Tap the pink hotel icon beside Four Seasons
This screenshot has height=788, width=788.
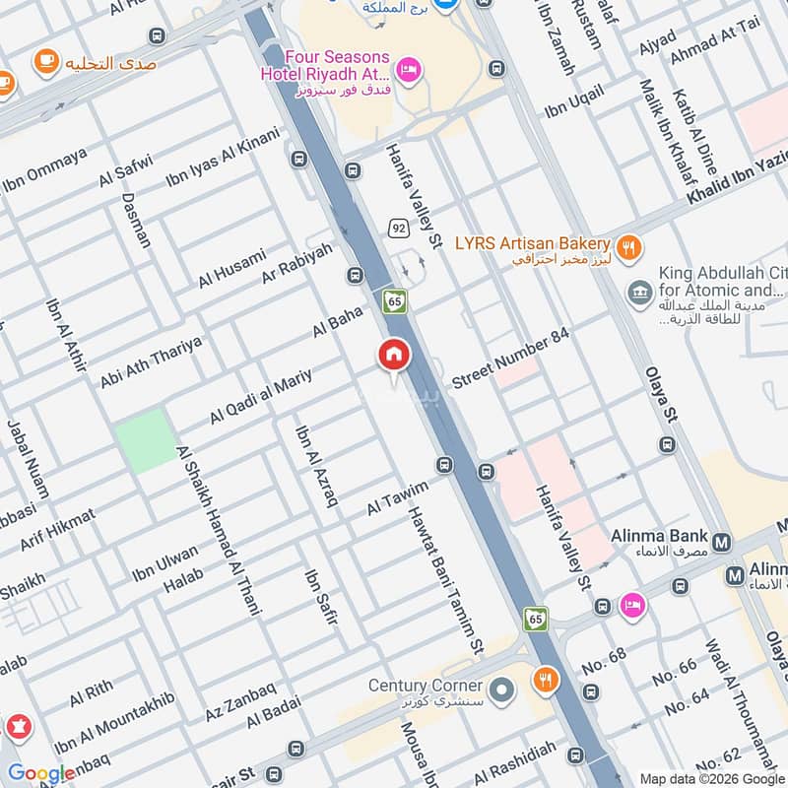pos(411,68)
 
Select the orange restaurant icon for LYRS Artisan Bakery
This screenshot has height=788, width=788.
pos(627,245)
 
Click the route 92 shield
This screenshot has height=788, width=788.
pos(398,228)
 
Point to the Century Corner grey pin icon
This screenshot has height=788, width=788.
pos(502,686)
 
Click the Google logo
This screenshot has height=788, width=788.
pos(40,774)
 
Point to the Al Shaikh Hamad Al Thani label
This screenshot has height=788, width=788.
pos(218,530)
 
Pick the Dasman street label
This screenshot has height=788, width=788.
pos(137,219)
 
